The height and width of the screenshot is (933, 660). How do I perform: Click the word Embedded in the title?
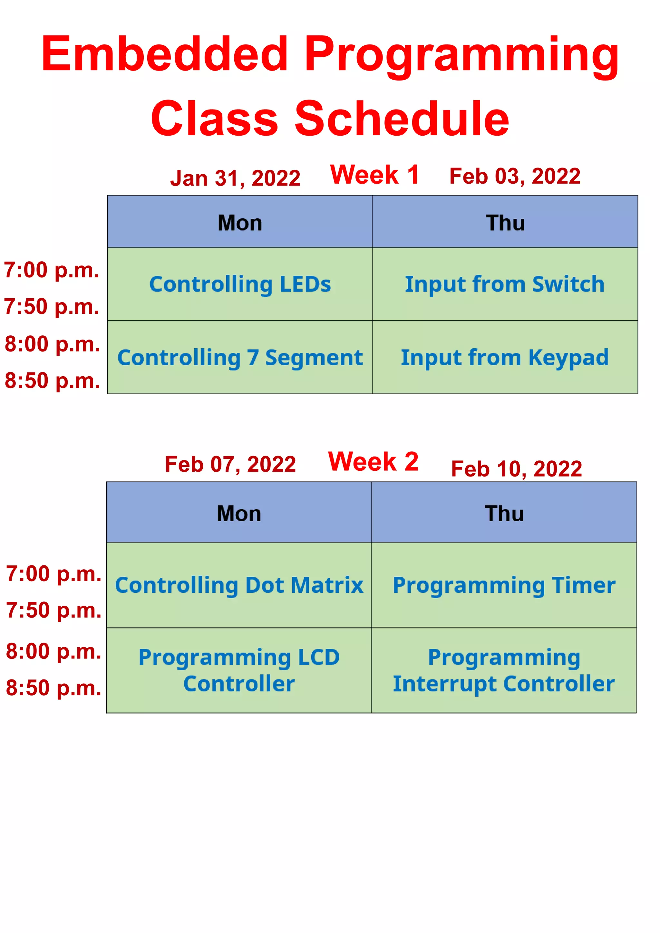click(165, 53)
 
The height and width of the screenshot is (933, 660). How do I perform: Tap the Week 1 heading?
click(374, 175)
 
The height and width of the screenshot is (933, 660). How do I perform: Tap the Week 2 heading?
click(373, 462)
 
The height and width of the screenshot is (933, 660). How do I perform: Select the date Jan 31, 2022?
click(235, 178)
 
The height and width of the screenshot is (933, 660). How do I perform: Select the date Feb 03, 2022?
click(515, 176)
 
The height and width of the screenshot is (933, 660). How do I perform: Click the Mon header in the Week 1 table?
click(240, 223)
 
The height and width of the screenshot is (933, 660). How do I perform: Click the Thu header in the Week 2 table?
click(504, 513)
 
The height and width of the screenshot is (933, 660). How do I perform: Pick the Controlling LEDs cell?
click(240, 284)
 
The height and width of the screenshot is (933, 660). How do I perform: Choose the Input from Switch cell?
click(505, 284)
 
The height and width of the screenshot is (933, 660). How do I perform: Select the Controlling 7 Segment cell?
click(240, 358)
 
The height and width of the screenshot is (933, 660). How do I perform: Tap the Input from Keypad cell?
click(505, 358)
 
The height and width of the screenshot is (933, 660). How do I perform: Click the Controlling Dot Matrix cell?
click(239, 585)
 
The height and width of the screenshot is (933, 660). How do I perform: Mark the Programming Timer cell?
click(504, 585)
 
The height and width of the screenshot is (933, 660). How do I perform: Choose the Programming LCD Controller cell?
click(239, 670)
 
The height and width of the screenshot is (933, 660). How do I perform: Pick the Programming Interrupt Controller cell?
click(504, 670)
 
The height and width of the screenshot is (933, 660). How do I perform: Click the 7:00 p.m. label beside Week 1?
click(52, 270)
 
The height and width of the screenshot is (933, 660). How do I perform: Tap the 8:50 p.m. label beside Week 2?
click(53, 688)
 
